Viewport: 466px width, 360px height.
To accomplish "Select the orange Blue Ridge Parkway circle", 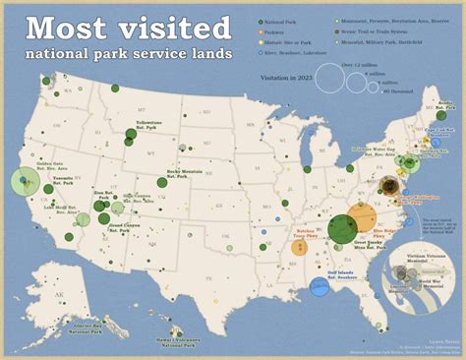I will pos(362,216).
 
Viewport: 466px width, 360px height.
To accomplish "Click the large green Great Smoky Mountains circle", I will pos(342,229).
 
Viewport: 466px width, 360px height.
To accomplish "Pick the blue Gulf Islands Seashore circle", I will pos(319,286).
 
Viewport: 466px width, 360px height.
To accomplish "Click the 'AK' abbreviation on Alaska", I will pos(60,295).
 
